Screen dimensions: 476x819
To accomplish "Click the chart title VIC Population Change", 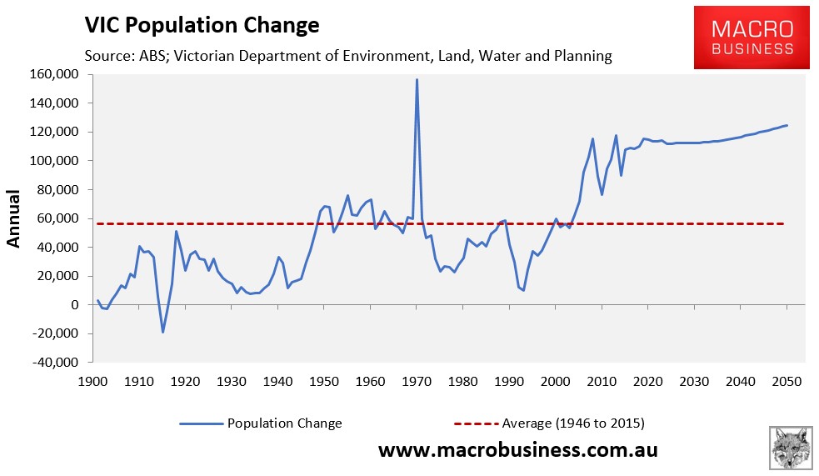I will (201, 26).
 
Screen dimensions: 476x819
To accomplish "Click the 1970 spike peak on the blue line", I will (417, 80).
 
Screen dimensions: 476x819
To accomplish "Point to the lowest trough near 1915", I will (162, 332).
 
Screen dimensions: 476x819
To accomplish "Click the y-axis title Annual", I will (14, 219).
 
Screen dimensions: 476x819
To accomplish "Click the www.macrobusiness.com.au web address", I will (518, 450).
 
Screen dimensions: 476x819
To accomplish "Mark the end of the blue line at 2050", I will (787, 126).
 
